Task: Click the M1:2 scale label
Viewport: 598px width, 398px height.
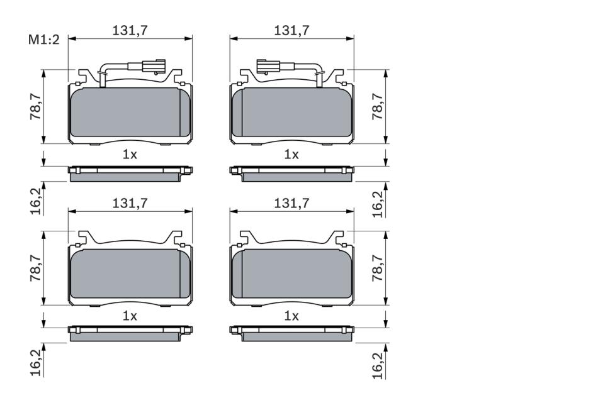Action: pyautogui.click(x=44, y=40)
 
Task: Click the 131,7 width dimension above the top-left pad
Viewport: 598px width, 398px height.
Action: pyautogui.click(x=130, y=30)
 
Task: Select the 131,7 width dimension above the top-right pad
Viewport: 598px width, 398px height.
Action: pyautogui.click(x=291, y=30)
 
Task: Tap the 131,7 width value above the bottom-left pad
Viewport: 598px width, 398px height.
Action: pyautogui.click(x=130, y=203)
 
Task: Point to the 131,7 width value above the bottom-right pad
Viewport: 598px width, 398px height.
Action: pyautogui.click(x=291, y=203)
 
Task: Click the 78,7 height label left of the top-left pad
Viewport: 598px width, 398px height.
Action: pyautogui.click(x=36, y=107)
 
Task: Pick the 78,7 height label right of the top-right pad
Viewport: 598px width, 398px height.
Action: pyautogui.click(x=378, y=107)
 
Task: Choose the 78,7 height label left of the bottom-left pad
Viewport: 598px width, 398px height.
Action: pyautogui.click(x=36, y=268)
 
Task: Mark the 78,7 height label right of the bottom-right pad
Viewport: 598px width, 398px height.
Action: pyautogui.click(x=378, y=268)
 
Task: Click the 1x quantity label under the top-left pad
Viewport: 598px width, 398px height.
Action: pyautogui.click(x=130, y=155)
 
